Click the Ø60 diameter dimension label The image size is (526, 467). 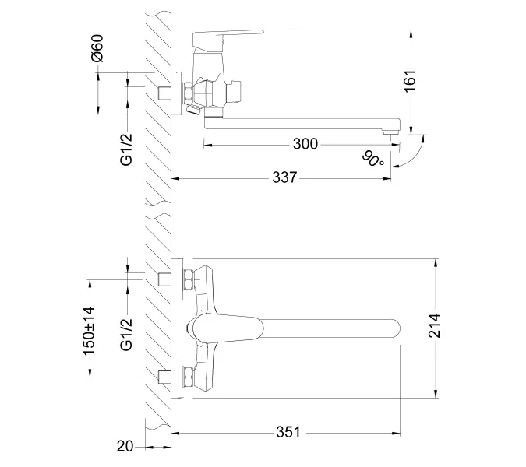97,49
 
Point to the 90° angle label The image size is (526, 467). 373,160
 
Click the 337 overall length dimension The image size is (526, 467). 285,178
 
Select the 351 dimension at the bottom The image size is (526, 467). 286,432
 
